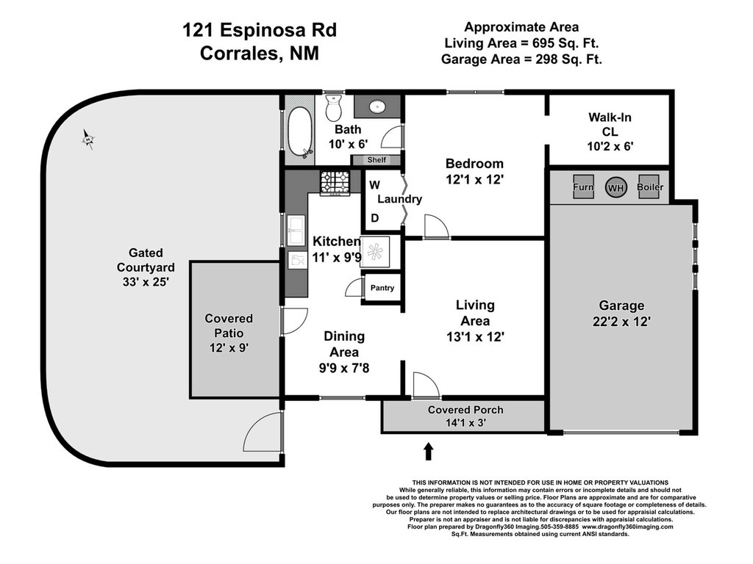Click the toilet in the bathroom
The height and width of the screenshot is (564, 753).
tap(333, 107)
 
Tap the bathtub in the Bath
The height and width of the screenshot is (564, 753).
tap(299, 132)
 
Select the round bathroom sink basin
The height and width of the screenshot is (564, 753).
tap(377, 106)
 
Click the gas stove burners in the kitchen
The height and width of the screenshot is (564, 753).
tap(335, 183)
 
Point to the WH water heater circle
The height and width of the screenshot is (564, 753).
tap(615, 187)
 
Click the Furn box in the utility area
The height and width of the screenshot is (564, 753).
tap(583, 187)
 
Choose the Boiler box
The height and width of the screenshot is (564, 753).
tap(650, 187)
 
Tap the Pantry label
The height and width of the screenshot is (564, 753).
tap(382, 288)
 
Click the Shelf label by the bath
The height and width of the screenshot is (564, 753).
tap(376, 159)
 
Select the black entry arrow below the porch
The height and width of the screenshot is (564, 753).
tap(429, 452)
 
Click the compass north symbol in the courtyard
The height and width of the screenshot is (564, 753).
tap(88, 140)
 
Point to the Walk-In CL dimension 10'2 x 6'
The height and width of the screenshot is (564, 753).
tap(610, 146)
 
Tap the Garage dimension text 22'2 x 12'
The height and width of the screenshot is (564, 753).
tap(621, 322)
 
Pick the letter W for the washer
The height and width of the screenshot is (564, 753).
tap(374, 185)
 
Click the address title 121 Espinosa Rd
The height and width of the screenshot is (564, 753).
tap(260, 30)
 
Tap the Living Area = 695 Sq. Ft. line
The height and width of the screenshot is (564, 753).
tap(521, 43)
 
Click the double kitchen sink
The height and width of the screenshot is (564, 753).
tap(296, 230)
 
